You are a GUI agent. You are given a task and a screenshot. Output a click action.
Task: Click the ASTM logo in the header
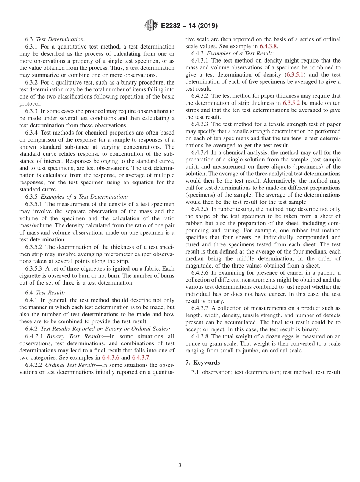151,26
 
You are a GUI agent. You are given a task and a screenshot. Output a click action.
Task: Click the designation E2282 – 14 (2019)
189,26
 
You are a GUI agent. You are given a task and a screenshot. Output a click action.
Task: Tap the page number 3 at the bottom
180,465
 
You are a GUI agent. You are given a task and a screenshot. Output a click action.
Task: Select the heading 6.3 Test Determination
55,39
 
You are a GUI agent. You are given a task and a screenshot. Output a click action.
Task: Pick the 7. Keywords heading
202,363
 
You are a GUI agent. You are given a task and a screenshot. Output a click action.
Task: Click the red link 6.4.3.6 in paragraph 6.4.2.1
111,357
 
